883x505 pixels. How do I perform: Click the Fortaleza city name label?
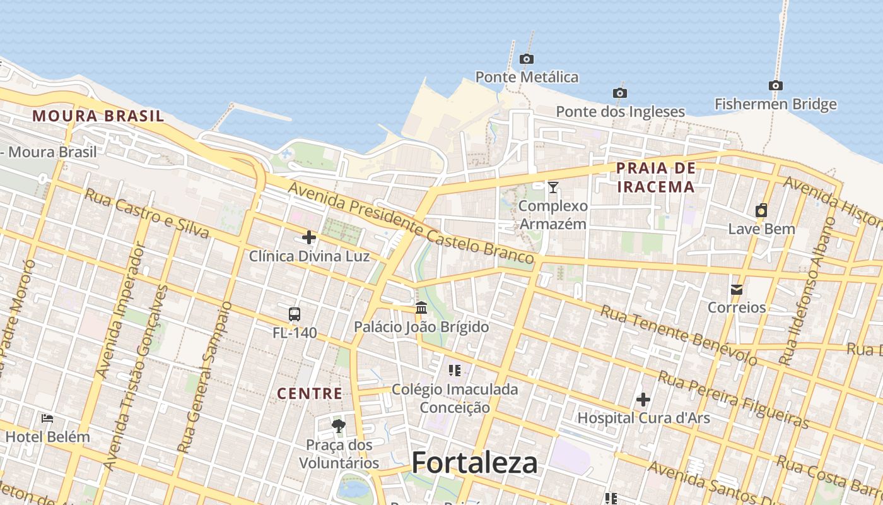pyautogui.click(x=474, y=463)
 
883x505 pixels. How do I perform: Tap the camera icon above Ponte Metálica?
pyautogui.click(x=526, y=59)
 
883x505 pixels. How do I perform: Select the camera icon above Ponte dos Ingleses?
pyautogui.click(x=620, y=93)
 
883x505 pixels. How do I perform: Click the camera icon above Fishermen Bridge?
pyautogui.click(x=775, y=86)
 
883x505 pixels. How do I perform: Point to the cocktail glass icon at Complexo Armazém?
pyautogui.click(x=553, y=187)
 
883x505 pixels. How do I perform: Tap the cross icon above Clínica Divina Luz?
pyautogui.click(x=309, y=237)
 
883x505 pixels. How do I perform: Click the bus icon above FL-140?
pyautogui.click(x=295, y=314)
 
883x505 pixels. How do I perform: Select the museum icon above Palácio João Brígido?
pyautogui.click(x=421, y=308)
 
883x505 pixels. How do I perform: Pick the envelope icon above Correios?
pyautogui.click(x=736, y=290)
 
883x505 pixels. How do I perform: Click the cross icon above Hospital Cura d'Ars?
pyautogui.click(x=643, y=400)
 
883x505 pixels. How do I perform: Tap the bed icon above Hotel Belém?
pyautogui.click(x=47, y=418)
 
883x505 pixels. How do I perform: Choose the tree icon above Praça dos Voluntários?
pyautogui.click(x=339, y=426)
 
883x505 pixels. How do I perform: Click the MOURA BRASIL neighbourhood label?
pyautogui.click(x=98, y=116)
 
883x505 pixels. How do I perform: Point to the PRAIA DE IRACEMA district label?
pyautogui.click(x=656, y=177)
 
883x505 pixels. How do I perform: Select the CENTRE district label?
pyautogui.click(x=310, y=394)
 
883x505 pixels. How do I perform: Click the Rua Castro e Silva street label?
pyautogui.click(x=146, y=213)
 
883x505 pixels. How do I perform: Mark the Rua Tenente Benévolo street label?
pyautogui.click(x=678, y=335)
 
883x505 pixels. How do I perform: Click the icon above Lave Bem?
pyautogui.click(x=761, y=211)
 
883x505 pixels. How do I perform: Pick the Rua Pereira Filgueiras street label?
pyautogui.click(x=733, y=399)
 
